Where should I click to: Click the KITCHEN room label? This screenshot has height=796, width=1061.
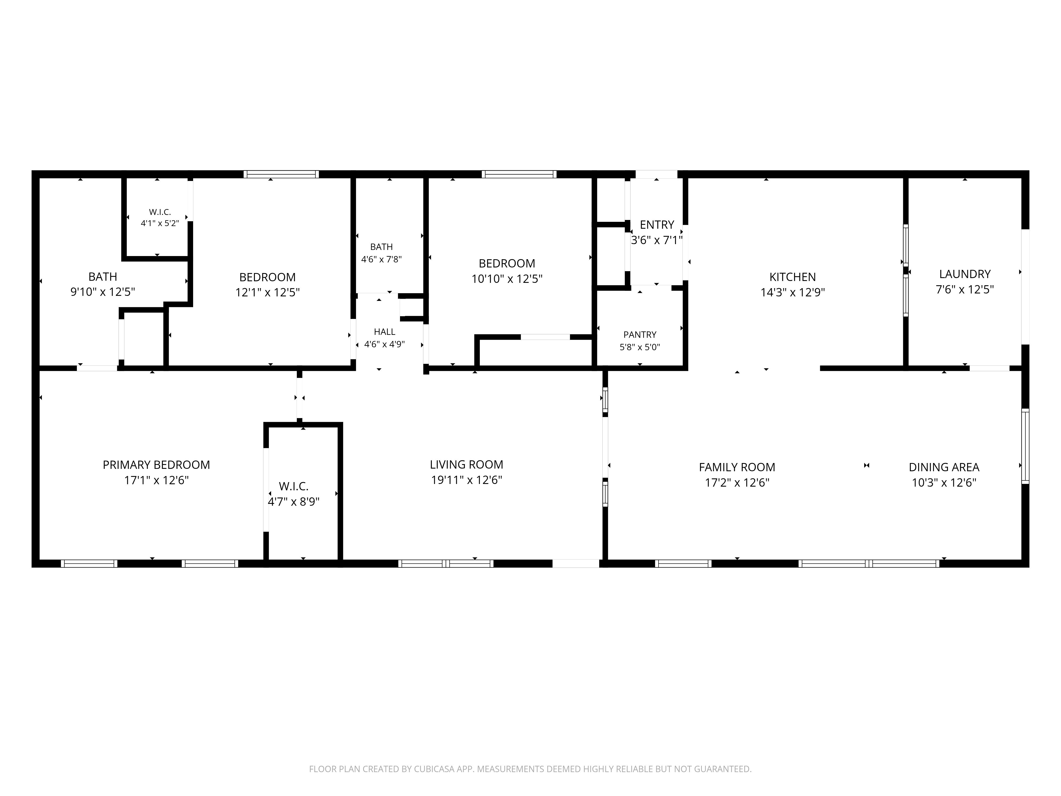coord(792,277)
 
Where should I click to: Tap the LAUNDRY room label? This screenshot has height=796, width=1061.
coord(965,274)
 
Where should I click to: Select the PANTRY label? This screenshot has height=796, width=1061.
coord(640,334)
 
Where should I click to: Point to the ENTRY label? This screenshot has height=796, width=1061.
coord(657,224)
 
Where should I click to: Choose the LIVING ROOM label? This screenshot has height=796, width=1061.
coord(466,464)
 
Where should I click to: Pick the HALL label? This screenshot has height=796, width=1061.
coord(385,332)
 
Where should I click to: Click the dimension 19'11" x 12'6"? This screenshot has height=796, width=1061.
coord(466,480)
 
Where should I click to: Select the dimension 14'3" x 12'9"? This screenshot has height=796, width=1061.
coord(792,292)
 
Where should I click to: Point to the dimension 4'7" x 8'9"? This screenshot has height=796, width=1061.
coord(294,502)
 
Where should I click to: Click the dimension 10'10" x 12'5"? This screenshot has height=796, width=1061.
coord(507,279)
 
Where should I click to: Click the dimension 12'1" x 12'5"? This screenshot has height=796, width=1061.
coord(268,292)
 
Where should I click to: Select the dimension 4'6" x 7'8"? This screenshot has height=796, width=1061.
coord(381,259)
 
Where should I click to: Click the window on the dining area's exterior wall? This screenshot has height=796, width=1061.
coord(1025,446)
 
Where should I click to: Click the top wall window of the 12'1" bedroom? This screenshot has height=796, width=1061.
coord(281,174)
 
